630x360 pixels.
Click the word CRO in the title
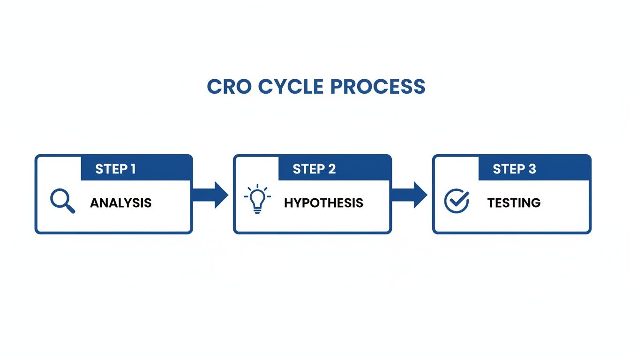pos(229,87)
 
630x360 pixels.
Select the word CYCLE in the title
pos(291,87)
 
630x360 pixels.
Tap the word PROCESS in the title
pos(377,87)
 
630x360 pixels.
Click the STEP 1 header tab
pos(136,168)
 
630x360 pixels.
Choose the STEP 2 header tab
pos(334,168)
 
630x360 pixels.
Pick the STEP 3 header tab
pos(534,168)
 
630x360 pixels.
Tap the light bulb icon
pos(256,199)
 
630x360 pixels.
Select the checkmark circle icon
pos(456,201)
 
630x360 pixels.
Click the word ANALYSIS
pos(121,203)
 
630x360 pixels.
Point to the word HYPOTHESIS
pos(323,203)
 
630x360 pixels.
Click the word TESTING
pos(514,203)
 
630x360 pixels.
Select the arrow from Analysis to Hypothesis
pos(210,195)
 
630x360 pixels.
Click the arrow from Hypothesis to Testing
pos(409,195)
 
